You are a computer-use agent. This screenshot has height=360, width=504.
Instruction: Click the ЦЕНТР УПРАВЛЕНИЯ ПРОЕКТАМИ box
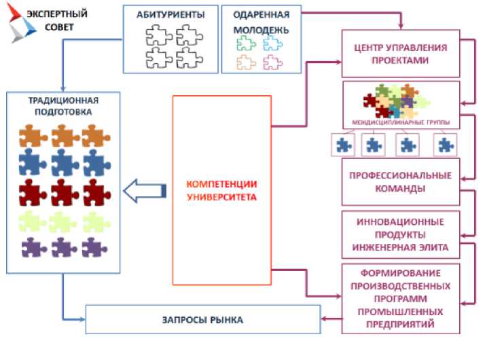tap(401, 54)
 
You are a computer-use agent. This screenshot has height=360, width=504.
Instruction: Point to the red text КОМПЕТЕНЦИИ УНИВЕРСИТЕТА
tap(221, 191)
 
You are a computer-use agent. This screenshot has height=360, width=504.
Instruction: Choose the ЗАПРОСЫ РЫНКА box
tap(202, 319)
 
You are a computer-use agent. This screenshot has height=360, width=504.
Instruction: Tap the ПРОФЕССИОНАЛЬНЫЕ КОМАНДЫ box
tap(401, 181)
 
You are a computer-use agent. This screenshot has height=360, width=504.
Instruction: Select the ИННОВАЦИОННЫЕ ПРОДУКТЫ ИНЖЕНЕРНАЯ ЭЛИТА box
tap(401, 234)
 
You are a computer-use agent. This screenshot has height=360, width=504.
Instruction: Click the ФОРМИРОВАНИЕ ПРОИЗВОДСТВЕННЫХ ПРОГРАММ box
tap(401, 298)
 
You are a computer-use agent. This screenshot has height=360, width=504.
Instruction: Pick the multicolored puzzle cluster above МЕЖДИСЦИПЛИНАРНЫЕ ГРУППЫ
tap(398, 102)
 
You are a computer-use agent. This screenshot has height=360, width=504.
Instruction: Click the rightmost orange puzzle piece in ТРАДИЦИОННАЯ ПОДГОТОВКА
tap(96, 135)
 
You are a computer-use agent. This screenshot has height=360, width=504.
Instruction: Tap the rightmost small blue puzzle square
tap(445, 144)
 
